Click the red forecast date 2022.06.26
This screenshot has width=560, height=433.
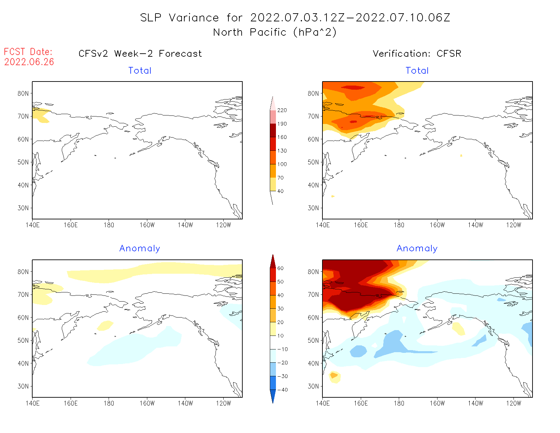point(29,62)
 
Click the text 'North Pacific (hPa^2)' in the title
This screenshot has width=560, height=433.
point(275,32)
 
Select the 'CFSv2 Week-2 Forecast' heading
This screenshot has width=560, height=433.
point(140,54)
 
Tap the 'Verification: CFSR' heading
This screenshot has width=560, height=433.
point(417,54)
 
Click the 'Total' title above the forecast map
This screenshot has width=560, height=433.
point(140,71)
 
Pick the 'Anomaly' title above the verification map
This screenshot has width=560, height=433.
point(417,249)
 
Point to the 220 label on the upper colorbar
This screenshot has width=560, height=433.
point(282,110)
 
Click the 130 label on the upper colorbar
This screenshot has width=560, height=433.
point(282,151)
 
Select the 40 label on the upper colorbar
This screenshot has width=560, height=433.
point(280,191)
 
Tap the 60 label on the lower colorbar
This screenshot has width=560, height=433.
point(280,268)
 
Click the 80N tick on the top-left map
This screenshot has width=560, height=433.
point(23,93)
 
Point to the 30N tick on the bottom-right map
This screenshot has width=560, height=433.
point(313,386)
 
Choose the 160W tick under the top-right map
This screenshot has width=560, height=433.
point(437,225)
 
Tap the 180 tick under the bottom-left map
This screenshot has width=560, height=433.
point(109,403)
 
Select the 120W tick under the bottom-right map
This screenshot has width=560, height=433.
point(514,403)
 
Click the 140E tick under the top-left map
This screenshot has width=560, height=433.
point(33,225)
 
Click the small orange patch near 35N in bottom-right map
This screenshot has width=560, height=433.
point(334,375)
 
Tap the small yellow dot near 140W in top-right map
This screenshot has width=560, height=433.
point(461,155)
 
